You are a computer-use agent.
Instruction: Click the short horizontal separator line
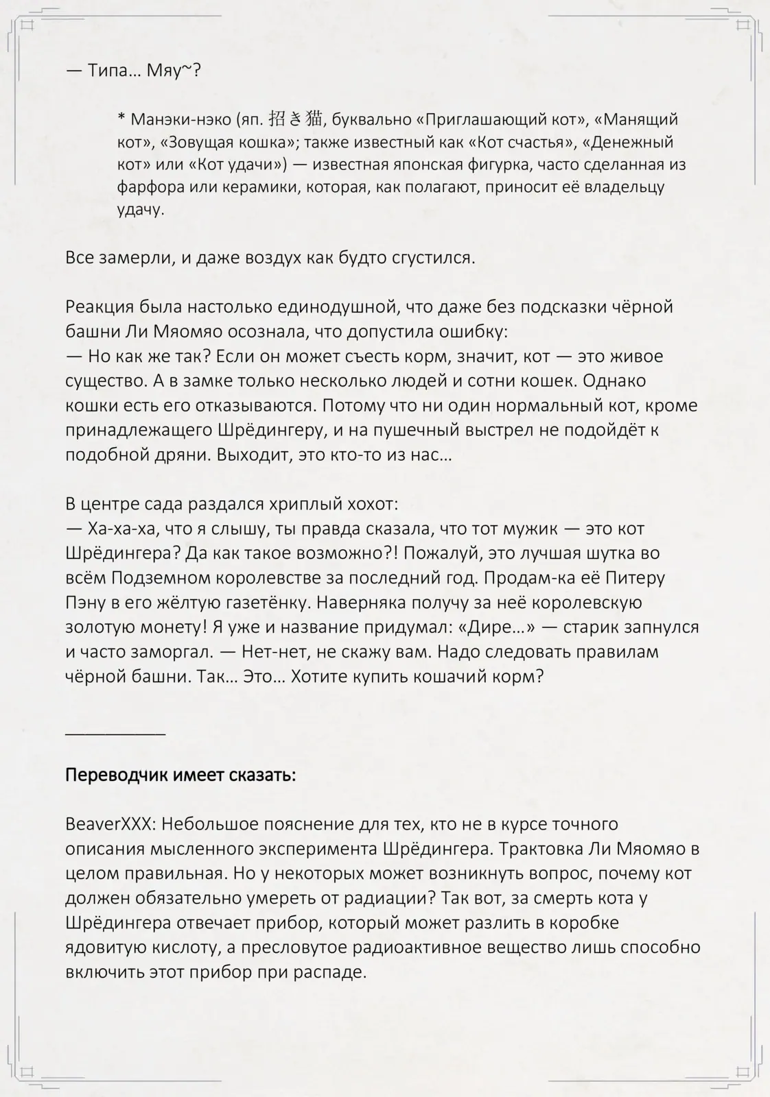(x=115, y=734)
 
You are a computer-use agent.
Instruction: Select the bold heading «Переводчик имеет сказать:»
(x=180, y=775)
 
